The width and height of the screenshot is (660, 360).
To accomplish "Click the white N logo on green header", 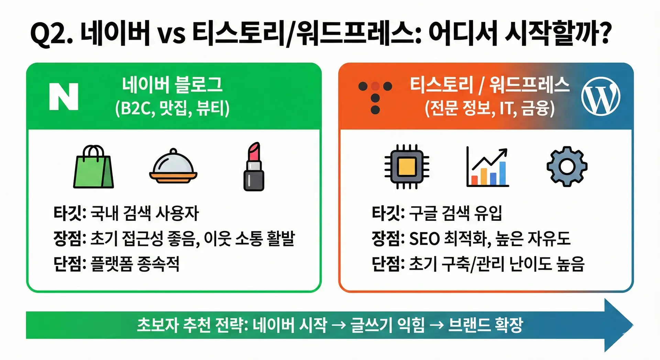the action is [64, 96].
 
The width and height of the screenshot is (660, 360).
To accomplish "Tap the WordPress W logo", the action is [601, 96].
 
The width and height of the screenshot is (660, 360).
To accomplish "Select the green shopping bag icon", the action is [93, 166].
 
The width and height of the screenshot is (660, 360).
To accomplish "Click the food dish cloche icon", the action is [173, 166].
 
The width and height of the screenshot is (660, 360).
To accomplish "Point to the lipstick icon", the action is [254, 166].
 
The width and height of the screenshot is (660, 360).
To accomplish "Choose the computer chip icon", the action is [407, 167].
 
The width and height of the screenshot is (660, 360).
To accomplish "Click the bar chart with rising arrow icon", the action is [487, 167].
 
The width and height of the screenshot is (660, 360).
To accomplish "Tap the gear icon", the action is [567, 167].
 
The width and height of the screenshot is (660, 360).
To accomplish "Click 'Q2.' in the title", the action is [52, 34].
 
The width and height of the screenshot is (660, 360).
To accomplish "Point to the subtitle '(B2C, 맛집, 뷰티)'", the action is [172, 108].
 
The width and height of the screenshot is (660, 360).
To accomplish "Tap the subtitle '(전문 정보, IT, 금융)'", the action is [489, 108].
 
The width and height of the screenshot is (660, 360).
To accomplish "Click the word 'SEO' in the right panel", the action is [424, 239].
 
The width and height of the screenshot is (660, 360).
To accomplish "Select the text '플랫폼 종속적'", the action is [135, 264].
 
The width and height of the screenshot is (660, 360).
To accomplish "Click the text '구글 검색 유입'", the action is [455, 213].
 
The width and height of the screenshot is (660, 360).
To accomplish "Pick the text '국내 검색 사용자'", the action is [145, 213].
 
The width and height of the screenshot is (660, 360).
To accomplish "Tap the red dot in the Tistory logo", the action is [375, 86].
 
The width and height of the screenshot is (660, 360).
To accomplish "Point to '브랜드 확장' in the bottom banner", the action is [486, 325].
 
